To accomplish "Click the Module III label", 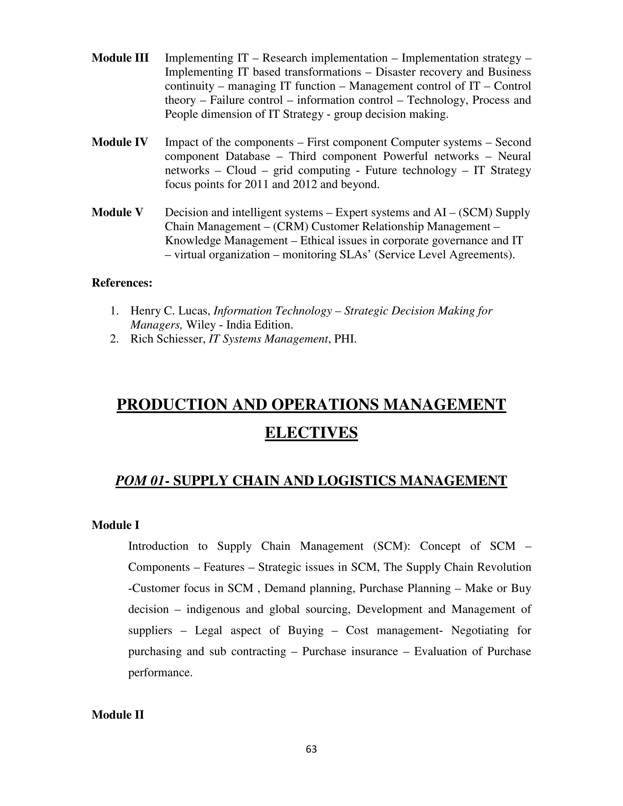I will coord(120,58).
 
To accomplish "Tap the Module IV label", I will coord(120,142).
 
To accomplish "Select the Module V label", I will coord(117,212).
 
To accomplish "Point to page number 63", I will coord(311,749).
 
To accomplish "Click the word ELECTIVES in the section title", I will coord(311,433).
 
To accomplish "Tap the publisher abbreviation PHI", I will coord(345,339).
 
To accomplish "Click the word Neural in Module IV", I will coord(514,156).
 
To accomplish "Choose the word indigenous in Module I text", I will coord(213,609).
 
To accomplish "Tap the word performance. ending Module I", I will coord(160,672).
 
